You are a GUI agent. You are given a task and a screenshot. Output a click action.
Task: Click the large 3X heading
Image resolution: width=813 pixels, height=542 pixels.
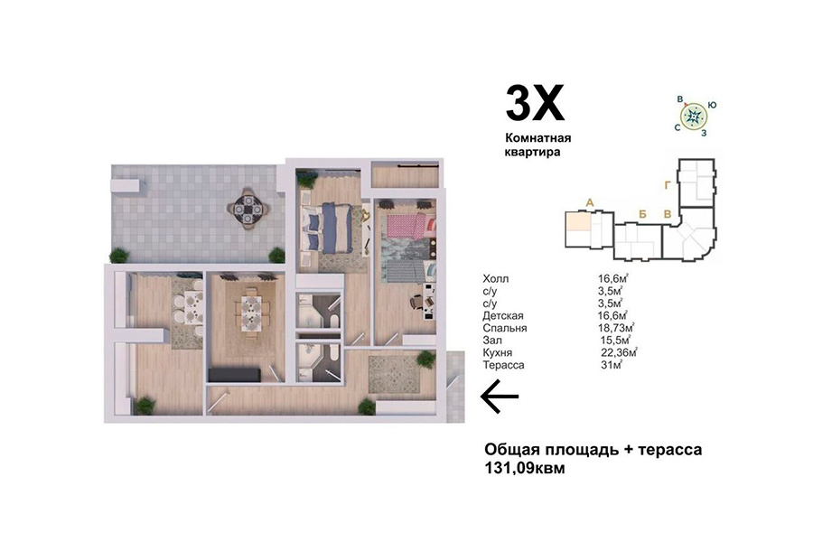[535, 104]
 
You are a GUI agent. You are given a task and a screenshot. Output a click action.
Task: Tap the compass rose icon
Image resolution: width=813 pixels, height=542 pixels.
[693, 117]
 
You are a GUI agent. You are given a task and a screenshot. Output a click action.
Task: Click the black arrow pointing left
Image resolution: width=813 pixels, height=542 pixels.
[500, 397]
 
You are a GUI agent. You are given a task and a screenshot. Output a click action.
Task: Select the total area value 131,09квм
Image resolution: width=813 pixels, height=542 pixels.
[524, 468]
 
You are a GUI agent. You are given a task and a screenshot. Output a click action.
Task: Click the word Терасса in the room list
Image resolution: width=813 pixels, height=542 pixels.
[503, 365]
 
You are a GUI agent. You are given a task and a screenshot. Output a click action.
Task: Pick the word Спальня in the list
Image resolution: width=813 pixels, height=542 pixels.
[504, 328]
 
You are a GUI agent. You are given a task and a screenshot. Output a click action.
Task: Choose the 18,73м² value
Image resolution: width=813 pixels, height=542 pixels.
[616, 328]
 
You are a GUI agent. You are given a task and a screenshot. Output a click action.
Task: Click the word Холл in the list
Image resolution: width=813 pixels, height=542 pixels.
[495, 278]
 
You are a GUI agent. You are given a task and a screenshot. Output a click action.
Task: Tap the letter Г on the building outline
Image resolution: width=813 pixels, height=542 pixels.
[668, 185]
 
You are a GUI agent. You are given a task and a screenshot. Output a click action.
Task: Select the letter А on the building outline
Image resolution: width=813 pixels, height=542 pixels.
[589, 202]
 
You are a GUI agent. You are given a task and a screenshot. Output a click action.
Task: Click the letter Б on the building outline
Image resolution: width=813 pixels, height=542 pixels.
[642, 214]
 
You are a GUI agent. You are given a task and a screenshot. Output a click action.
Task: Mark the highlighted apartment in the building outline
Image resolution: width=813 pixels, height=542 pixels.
[577, 221]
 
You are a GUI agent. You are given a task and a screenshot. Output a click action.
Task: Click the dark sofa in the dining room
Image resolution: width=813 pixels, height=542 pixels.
[234, 374]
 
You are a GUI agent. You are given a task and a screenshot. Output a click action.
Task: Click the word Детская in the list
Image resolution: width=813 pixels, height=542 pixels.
[503, 316]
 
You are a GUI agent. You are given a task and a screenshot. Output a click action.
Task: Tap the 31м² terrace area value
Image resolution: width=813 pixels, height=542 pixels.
[612, 365]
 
